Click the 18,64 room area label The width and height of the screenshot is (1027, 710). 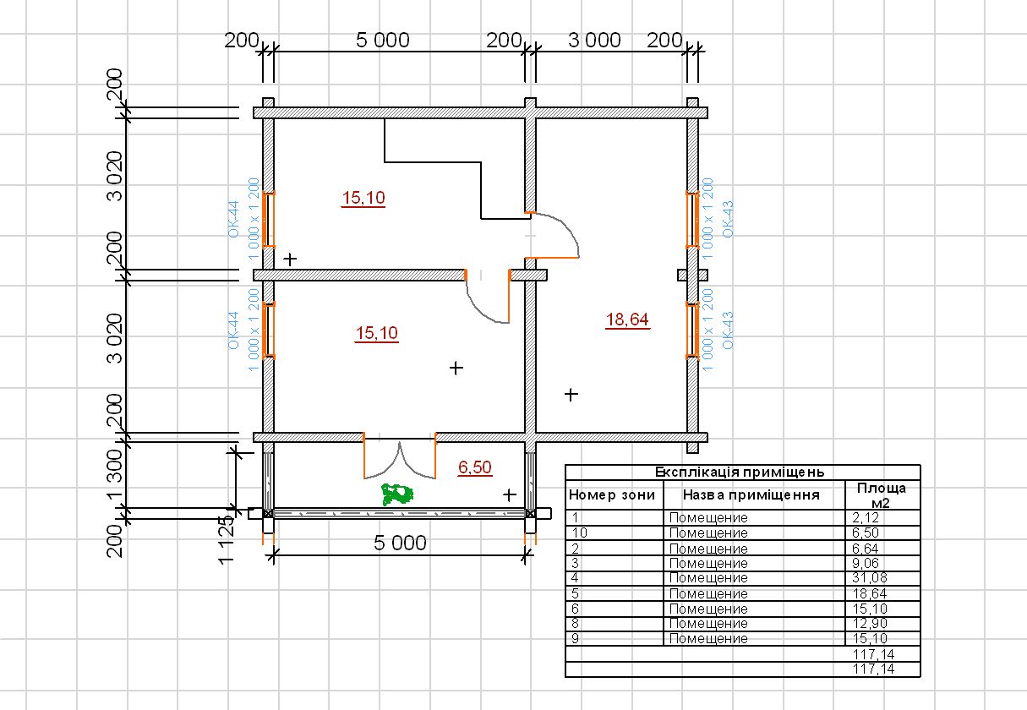pyautogui.click(x=627, y=319)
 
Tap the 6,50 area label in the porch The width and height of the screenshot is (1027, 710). pyautogui.click(x=475, y=467)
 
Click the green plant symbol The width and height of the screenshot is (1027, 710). pyautogui.click(x=397, y=494)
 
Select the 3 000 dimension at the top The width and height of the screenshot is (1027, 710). pyautogui.click(x=595, y=41)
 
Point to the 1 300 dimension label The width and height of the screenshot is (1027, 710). pyautogui.click(x=115, y=473)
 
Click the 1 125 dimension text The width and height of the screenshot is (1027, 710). pyautogui.click(x=226, y=539)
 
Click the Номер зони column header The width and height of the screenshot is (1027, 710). pyautogui.click(x=612, y=495)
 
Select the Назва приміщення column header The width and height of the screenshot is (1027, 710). pyautogui.click(x=751, y=495)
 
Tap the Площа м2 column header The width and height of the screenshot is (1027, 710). pyautogui.click(x=882, y=495)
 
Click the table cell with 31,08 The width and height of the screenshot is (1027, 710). pyautogui.click(x=870, y=578)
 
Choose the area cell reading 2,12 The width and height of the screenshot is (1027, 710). pyautogui.click(x=866, y=518)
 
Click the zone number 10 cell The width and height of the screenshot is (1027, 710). pyautogui.click(x=580, y=533)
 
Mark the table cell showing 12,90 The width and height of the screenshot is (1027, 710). pyautogui.click(x=870, y=624)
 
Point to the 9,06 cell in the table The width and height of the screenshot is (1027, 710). pyautogui.click(x=866, y=563)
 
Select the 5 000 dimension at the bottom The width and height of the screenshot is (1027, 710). pyautogui.click(x=400, y=543)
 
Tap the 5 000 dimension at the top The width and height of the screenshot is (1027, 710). pyautogui.click(x=383, y=41)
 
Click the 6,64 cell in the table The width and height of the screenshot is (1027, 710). pyautogui.click(x=866, y=549)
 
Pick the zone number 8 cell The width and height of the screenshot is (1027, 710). pyautogui.click(x=575, y=624)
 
